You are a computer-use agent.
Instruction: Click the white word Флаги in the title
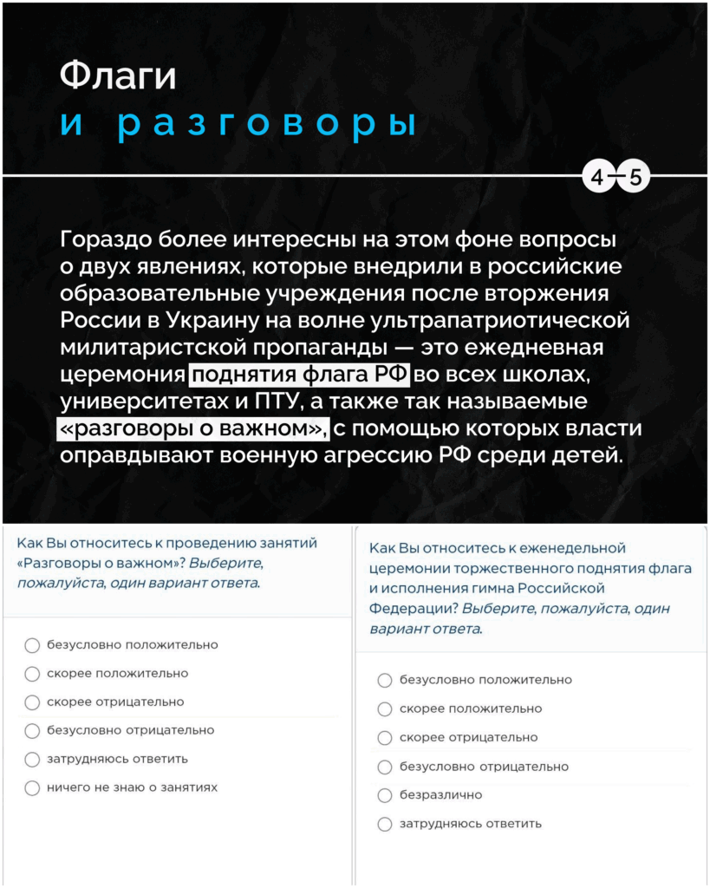coord(118,76)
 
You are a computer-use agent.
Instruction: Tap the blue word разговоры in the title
coord(266,124)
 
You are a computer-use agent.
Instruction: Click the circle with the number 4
coord(598,179)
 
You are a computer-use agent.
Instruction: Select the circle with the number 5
coord(635,179)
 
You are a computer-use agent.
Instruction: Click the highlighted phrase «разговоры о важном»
coord(192,429)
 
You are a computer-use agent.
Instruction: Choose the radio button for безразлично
coord(385,795)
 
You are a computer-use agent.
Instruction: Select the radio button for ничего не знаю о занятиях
coord(32,788)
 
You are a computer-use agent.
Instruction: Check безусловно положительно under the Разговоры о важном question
coord(32,645)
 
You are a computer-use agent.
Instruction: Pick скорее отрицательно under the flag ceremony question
coord(385,738)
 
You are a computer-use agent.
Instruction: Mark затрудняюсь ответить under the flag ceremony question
coord(385,824)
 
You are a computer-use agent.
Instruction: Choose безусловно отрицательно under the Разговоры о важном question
coord(32,731)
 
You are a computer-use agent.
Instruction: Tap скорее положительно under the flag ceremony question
coord(385,709)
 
